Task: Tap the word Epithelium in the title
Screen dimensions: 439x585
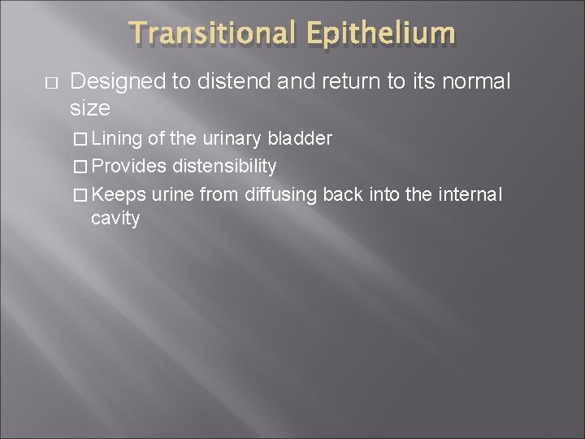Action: (381, 34)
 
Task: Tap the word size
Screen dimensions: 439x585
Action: (90, 107)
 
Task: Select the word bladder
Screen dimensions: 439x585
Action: (300, 139)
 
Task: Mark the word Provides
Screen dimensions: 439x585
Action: (130, 167)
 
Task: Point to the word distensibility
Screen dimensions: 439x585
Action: (224, 167)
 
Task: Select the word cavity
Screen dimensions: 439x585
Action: (115, 218)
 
